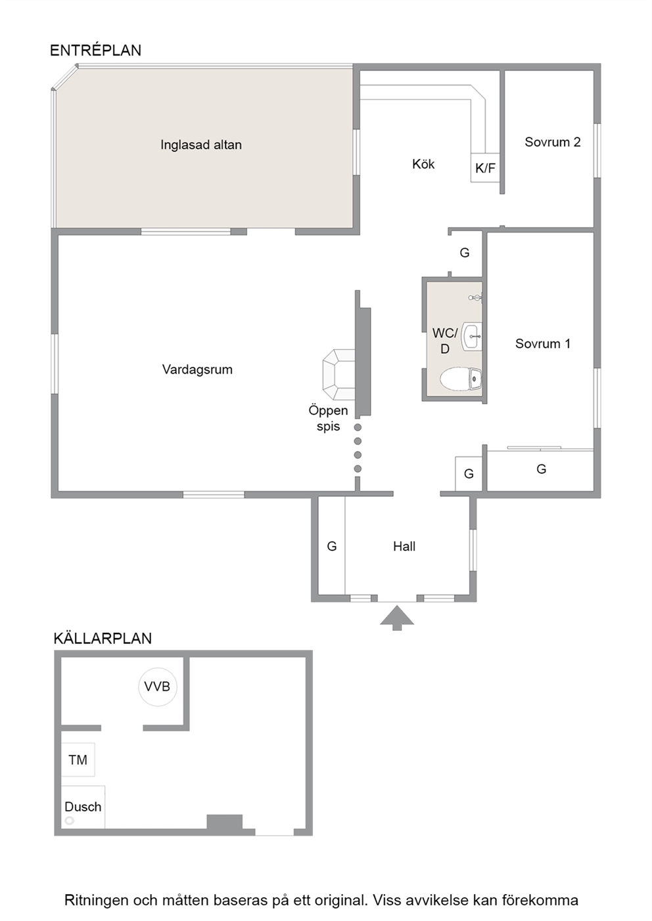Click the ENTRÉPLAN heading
point(95,50)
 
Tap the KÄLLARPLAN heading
point(103,638)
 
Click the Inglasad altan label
point(201,144)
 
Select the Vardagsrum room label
point(197,370)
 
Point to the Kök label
point(423,164)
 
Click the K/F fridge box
point(485,168)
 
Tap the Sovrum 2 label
point(552,142)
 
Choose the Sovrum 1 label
point(542,343)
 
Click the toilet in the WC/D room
point(461,379)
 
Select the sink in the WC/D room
point(472,337)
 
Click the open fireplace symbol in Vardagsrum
point(338,374)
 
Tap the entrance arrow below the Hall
point(397,618)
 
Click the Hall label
point(404,546)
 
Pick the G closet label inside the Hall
point(332,546)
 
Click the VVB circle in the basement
point(158,687)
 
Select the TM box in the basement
point(78,760)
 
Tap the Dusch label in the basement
point(83,807)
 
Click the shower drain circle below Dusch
point(70,821)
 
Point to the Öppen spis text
point(328,418)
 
